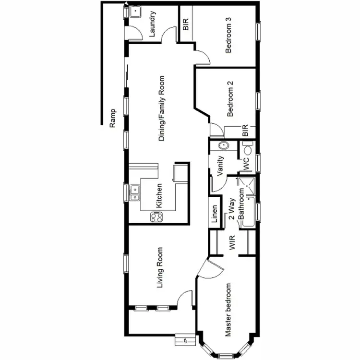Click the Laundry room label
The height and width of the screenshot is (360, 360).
pos(153,24)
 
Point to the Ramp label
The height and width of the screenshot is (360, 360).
pos(113,117)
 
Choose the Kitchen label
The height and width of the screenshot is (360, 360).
pos(159,196)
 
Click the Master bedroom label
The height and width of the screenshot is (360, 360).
pos(228,310)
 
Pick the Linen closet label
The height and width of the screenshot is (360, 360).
pos(215,215)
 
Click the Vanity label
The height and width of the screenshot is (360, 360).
pos(221,167)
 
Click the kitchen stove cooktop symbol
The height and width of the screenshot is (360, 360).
pos(156,217)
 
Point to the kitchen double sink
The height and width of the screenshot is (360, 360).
pos(135,193)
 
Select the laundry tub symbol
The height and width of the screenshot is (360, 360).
pos(135,12)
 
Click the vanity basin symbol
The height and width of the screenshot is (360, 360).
pos(223,146)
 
